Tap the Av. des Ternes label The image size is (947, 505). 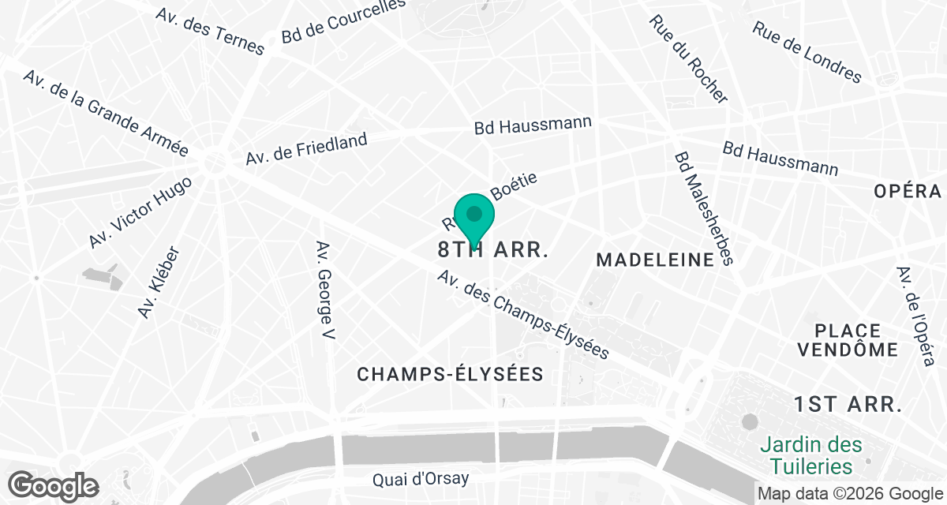[x=210, y=32]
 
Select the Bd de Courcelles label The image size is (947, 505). [x=344, y=22]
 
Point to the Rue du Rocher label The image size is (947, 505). [x=688, y=59]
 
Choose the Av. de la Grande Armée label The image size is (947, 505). [x=106, y=114]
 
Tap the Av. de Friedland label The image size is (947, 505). [x=306, y=149]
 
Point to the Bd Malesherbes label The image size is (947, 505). [x=704, y=208]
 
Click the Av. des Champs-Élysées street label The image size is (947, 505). [x=524, y=316]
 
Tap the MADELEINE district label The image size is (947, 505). [x=655, y=260]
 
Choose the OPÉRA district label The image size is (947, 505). [x=908, y=191]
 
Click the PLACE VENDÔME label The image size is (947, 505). [x=848, y=340]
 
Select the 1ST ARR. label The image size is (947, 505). [x=848, y=405]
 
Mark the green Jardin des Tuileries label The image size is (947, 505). [x=811, y=456]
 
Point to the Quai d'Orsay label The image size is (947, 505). [x=421, y=478]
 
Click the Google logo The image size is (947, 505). [x=54, y=485]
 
